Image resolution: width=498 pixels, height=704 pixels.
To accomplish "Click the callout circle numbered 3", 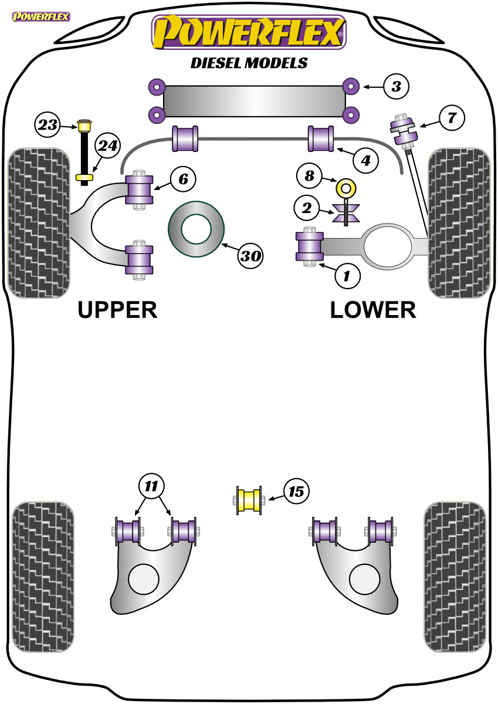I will tap(397, 87).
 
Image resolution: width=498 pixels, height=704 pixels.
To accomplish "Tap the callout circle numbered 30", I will tap(250, 256).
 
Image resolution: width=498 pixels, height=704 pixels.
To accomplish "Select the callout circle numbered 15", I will tap(296, 491).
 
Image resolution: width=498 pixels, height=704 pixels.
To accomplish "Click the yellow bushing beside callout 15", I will tap(249, 500).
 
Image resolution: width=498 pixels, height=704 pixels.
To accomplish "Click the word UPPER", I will tap(117, 309).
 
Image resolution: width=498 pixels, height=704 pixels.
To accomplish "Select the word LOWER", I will tap(373, 309).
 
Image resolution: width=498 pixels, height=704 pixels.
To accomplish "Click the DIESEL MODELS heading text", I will tap(249, 63).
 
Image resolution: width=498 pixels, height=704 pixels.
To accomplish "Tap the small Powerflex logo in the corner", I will tap(40, 16).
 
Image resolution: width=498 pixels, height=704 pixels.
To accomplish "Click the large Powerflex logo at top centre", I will tap(249, 32).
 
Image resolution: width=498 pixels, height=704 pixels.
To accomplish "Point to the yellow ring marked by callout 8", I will tap(347, 188).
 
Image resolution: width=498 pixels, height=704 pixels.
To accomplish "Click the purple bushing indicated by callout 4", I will tap(321, 138).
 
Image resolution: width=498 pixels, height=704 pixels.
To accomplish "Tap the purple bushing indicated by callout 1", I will tap(310, 246).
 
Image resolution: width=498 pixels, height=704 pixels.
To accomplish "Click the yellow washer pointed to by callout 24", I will tap(84, 177).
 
